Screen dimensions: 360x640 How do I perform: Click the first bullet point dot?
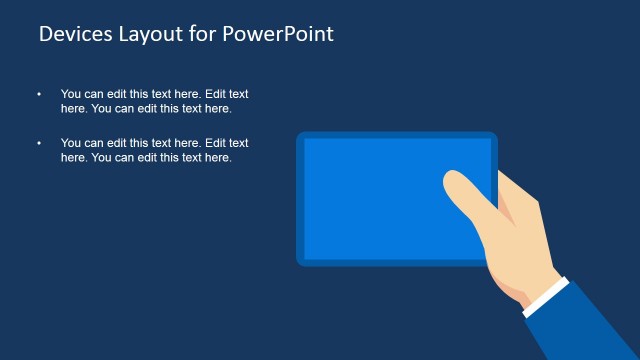click(40, 94)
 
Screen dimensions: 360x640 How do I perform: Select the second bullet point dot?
click(40, 143)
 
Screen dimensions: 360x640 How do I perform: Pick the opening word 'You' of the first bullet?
click(71, 94)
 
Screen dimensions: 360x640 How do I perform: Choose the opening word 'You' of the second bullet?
click(71, 143)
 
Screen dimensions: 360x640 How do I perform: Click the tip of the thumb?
click(453, 179)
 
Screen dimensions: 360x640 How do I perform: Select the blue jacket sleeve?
click(585, 325)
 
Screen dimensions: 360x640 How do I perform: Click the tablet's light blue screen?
click(380, 195)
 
